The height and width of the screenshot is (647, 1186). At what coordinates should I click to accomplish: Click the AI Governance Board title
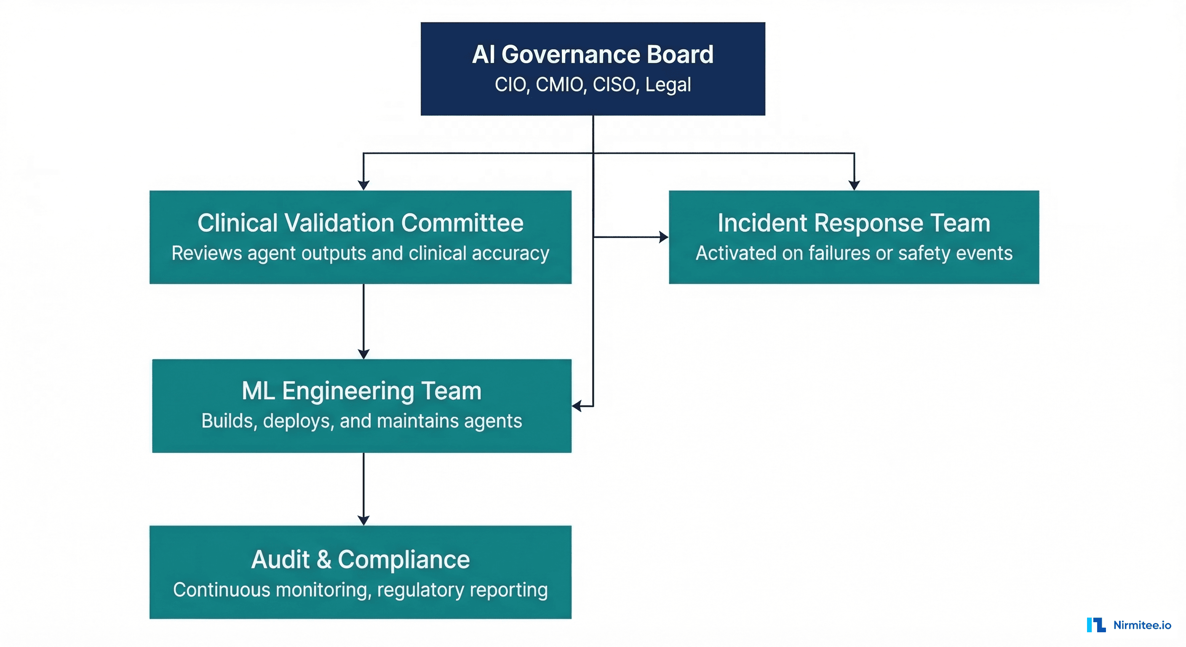(x=593, y=54)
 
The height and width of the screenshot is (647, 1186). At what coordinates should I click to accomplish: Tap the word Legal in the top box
(x=668, y=85)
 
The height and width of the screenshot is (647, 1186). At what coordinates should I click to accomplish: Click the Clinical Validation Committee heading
(x=361, y=223)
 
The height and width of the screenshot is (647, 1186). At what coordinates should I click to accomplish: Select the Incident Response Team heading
(x=854, y=223)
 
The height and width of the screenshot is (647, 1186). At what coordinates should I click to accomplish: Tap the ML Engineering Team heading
(x=361, y=391)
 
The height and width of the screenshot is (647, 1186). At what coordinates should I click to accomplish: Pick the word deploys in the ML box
(x=298, y=421)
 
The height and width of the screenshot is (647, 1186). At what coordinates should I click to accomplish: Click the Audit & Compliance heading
(x=361, y=559)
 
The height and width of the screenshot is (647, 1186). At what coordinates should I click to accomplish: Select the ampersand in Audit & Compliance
(x=323, y=559)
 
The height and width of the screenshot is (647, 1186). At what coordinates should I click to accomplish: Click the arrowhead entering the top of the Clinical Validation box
(x=364, y=185)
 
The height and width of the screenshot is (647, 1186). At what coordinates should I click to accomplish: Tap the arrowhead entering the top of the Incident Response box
(x=854, y=185)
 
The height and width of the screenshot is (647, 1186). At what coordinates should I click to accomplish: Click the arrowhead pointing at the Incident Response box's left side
(x=663, y=237)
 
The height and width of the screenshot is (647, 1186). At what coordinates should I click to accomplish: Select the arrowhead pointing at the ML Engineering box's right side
(x=577, y=406)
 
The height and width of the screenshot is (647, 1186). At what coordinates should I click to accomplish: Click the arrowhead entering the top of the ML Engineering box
(x=364, y=354)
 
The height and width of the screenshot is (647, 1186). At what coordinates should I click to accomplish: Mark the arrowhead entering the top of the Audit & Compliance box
(x=364, y=520)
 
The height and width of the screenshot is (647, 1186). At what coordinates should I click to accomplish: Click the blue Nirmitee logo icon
(x=1096, y=625)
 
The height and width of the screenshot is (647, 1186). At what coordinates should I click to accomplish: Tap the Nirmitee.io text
(x=1142, y=625)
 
